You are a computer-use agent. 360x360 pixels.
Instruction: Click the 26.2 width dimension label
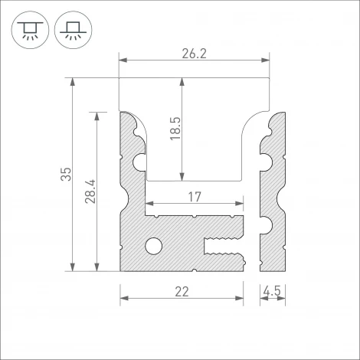pos(195,54)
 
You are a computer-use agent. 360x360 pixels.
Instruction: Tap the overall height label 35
pos(65,175)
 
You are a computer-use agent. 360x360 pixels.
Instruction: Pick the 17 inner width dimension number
pos(195,197)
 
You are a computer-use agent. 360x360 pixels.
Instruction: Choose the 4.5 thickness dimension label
pos(272,292)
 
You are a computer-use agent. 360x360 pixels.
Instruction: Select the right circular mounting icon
pos(70,31)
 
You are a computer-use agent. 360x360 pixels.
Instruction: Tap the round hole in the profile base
pos(154,246)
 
